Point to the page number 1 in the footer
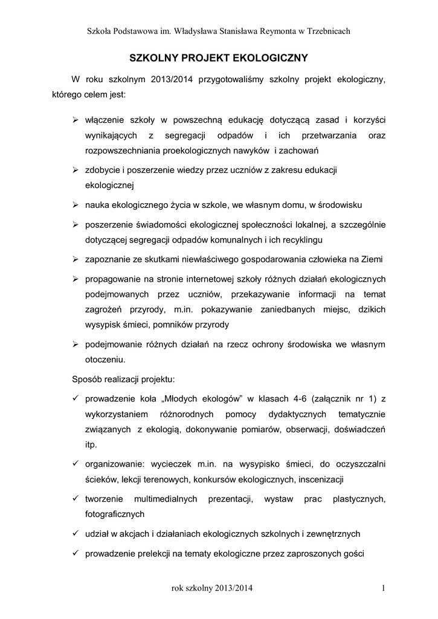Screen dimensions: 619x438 coord(384,588)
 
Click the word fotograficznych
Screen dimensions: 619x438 coord(115,514)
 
